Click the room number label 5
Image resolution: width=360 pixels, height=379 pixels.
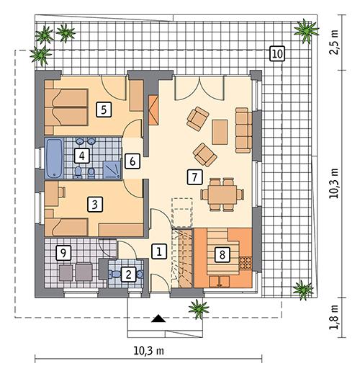pos(104,110)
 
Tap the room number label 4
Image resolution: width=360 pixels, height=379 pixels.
pos(84,155)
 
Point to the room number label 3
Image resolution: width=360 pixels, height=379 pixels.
pos(94,205)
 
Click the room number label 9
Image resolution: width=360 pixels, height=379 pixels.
pos(64,253)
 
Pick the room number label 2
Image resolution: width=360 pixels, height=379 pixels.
pos(127,274)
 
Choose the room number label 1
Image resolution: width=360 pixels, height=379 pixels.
pos(160,251)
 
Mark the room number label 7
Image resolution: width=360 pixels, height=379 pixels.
pos(192,175)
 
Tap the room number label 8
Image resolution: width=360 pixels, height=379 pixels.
pos(222,254)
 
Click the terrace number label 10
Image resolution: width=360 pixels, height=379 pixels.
pos(277,53)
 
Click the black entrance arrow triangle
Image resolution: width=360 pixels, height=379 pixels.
pos(158,318)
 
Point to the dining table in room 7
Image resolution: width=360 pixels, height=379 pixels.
pos(222,192)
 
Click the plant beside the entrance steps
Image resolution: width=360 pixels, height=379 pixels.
pos(197,310)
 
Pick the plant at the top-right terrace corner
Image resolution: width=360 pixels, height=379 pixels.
pos(307,30)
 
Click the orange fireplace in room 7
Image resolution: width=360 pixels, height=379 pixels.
pos(152,107)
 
